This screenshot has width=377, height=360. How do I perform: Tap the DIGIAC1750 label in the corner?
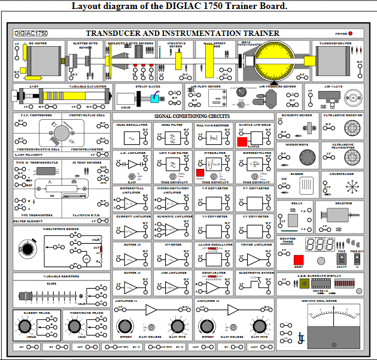(x=31, y=34)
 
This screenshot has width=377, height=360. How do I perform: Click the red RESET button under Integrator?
(x=200, y=173)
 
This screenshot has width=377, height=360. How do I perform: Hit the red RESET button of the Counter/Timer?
(x=298, y=259)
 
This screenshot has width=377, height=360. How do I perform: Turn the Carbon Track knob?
(x=25, y=326)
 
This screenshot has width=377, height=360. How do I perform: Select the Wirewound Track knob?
(x=74, y=326)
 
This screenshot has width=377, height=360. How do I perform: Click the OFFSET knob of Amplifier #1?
(x=125, y=326)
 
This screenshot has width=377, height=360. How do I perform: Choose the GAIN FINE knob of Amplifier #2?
(x=259, y=326)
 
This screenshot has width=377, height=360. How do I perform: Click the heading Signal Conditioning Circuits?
(x=191, y=116)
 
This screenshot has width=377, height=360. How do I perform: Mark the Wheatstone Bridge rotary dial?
(x=27, y=248)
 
